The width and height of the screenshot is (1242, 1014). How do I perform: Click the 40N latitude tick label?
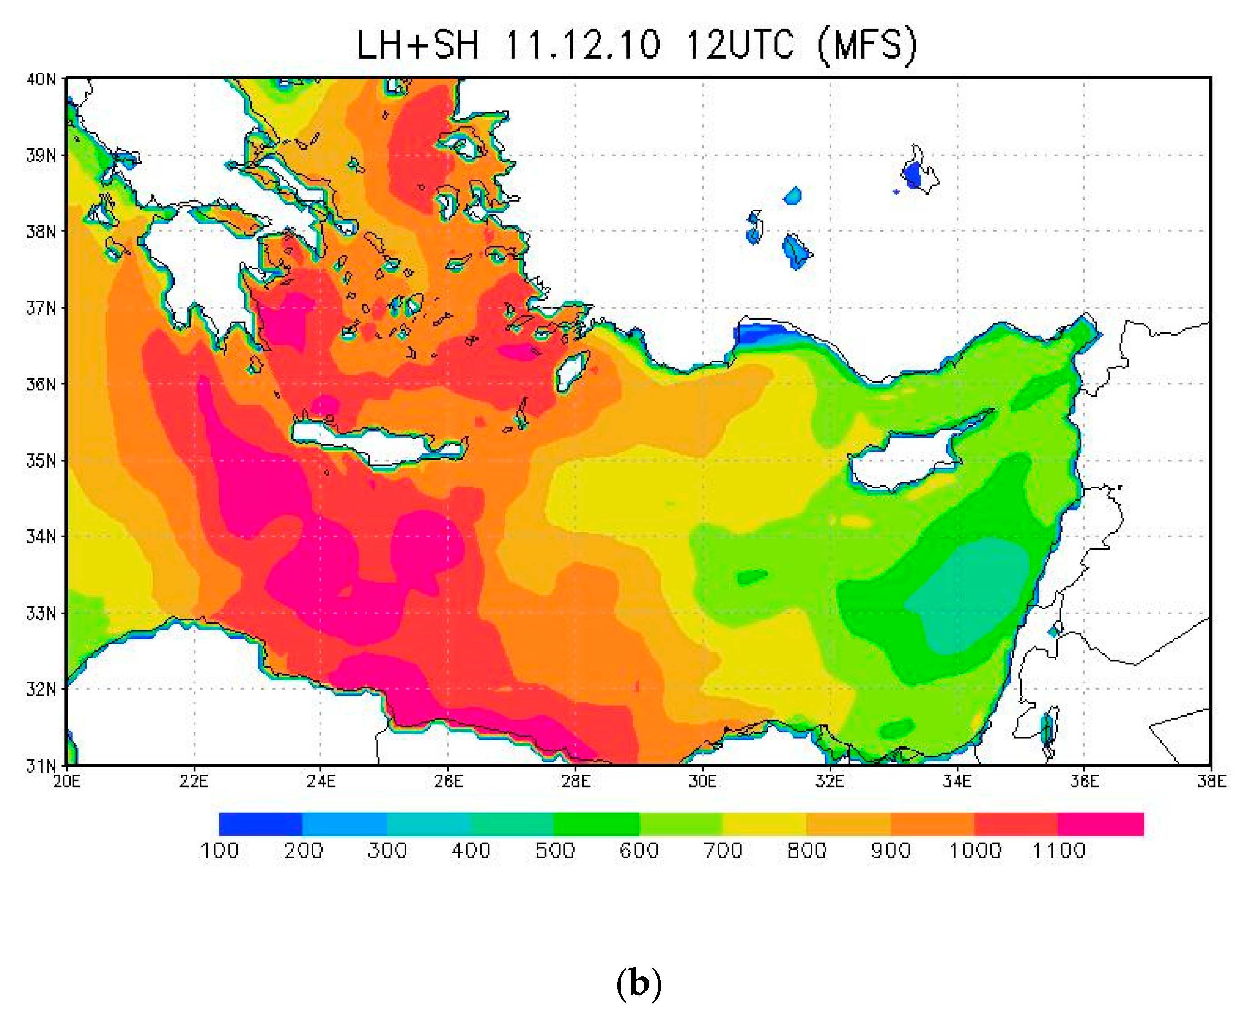[41, 79]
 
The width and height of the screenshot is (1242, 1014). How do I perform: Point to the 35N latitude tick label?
[41, 461]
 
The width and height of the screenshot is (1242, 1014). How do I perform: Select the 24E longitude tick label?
[321, 781]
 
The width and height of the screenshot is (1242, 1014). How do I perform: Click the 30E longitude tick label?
[702, 781]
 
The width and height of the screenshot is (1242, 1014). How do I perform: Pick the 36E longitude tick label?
[1084, 781]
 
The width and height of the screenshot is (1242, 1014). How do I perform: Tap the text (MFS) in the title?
[868, 44]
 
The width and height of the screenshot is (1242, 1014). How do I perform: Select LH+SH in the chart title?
[417, 44]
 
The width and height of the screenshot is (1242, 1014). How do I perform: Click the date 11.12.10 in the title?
[582, 44]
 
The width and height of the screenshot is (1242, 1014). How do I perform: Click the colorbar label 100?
[220, 850]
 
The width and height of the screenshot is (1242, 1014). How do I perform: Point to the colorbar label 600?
[639, 850]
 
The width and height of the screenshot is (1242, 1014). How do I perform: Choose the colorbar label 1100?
[1059, 850]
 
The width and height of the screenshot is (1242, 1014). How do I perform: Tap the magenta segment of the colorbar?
[1100, 824]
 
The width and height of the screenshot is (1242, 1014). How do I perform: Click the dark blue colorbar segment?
[260, 824]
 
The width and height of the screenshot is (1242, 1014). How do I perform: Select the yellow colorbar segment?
[764, 824]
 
